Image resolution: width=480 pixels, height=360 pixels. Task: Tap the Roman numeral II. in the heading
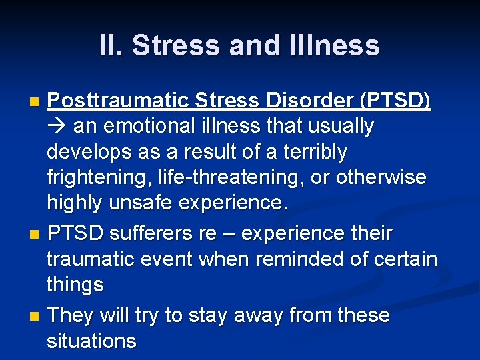(x=111, y=46)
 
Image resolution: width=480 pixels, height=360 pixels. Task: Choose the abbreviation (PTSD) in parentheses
(x=395, y=100)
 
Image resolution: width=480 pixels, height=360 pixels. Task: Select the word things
(x=75, y=285)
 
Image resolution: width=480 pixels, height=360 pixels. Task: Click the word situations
(x=91, y=341)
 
